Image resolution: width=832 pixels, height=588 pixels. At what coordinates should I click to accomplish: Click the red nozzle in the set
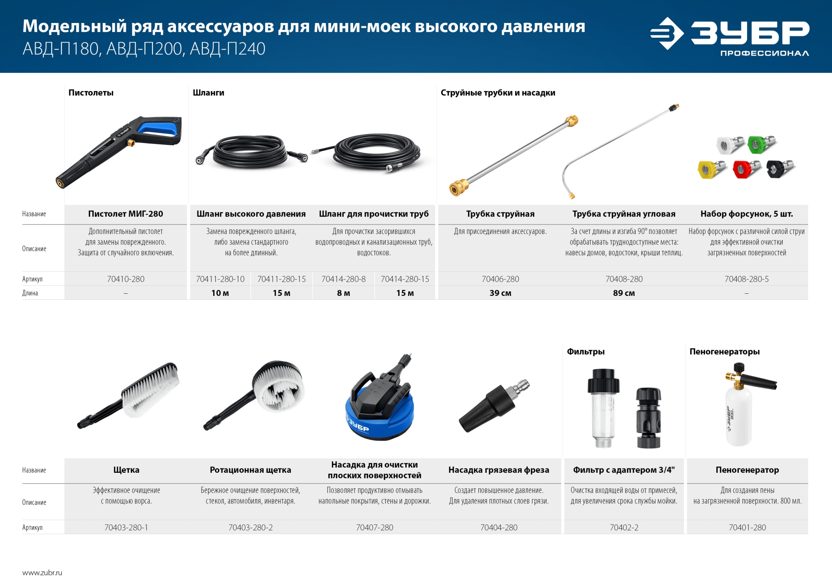745,169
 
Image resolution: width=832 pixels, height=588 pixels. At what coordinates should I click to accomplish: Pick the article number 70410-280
126,279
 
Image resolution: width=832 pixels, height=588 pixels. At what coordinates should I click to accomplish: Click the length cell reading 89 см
624,293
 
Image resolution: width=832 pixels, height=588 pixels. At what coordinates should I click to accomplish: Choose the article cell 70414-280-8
343,279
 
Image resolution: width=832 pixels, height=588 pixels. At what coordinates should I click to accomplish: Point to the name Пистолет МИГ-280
126,214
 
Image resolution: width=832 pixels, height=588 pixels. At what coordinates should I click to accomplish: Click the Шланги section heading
208,93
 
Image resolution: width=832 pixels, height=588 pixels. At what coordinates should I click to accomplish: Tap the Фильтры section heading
585,351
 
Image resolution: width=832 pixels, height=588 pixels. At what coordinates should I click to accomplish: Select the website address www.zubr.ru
42,572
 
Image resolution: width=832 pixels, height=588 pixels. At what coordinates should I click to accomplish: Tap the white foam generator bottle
738,416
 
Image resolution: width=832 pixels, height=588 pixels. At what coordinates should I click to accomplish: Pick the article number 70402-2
624,527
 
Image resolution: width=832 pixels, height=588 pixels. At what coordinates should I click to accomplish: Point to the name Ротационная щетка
250,470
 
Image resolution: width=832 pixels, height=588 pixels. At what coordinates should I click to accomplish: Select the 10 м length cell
220,293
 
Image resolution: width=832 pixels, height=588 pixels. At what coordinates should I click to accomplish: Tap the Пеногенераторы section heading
724,351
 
